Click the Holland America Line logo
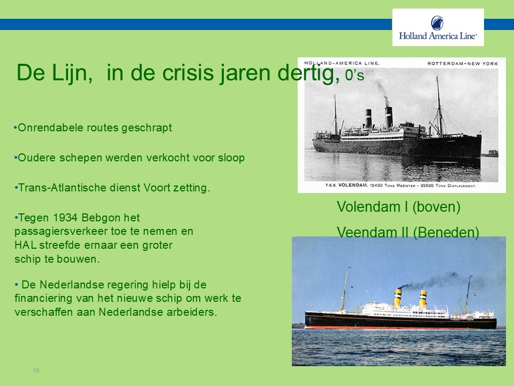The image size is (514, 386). click(438, 27)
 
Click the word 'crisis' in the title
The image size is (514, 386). click(188, 72)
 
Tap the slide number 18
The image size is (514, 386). click(36, 370)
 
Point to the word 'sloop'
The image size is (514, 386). click(231, 158)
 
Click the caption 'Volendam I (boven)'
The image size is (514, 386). click(398, 207)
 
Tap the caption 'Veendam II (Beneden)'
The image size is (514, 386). click(408, 232)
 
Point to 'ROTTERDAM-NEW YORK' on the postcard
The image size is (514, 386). click(463, 63)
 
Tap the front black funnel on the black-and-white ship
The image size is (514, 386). click(389, 117)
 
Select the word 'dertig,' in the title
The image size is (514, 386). click(308, 73)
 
